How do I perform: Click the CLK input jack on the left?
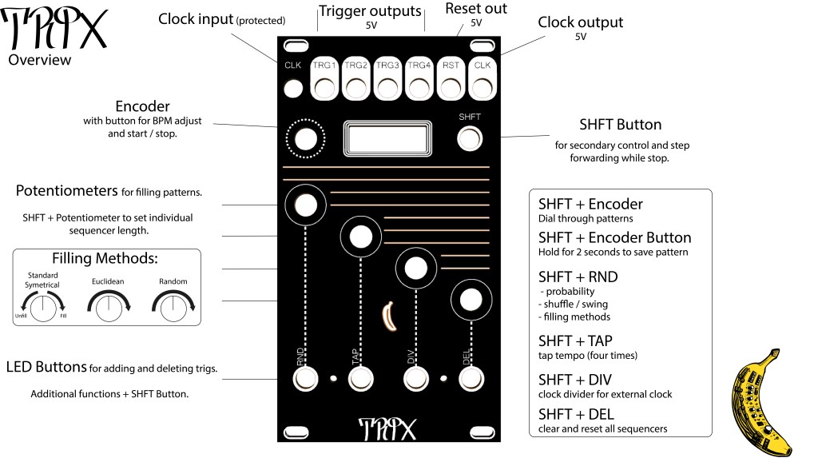click(x=294, y=88)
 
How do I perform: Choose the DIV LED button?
click(x=415, y=378)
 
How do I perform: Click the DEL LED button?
click(x=471, y=378)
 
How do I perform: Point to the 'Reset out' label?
click(x=476, y=9)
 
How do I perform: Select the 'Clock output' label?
click(x=580, y=22)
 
